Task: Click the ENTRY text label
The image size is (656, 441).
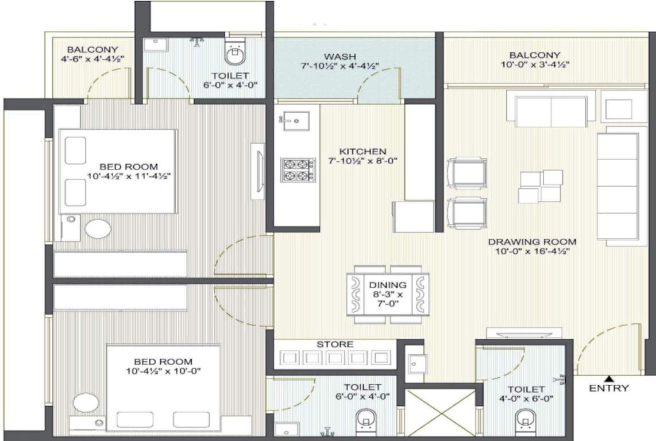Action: pyautogui.click(x=609, y=389)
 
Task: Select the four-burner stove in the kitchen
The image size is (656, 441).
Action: pyautogui.click(x=298, y=171)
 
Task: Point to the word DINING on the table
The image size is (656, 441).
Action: pyautogui.click(x=388, y=285)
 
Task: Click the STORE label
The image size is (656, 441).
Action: pyautogui.click(x=335, y=345)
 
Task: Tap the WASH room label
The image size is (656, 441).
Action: pyautogui.click(x=339, y=56)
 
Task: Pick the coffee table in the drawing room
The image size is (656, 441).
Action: pyautogui.click(x=540, y=187)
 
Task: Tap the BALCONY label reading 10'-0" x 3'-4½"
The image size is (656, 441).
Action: pyautogui.click(x=534, y=60)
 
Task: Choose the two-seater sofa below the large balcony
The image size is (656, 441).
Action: pyautogui.click(x=551, y=111)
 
